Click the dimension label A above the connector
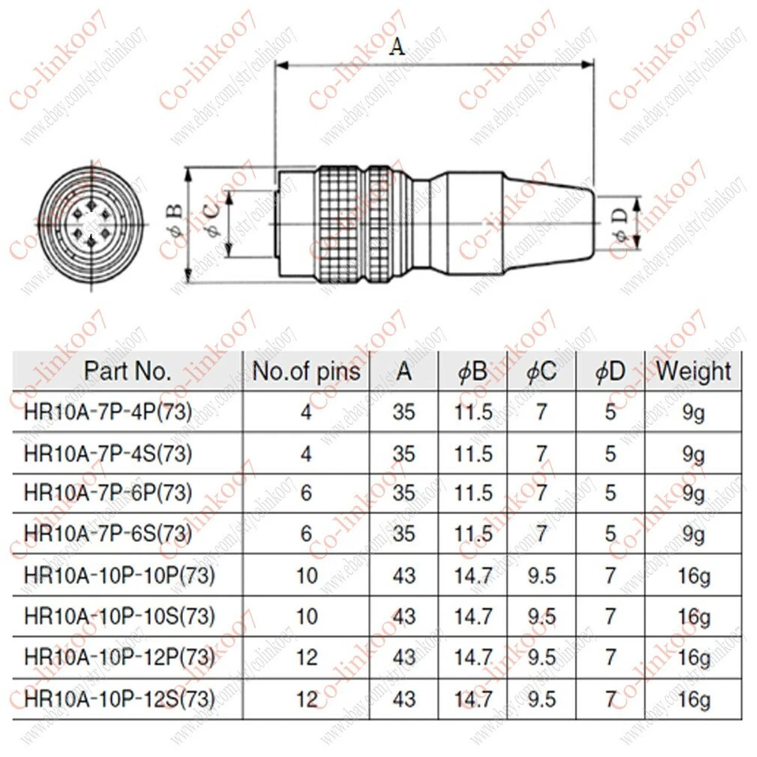click(x=397, y=47)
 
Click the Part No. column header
click(x=128, y=371)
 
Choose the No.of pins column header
click(x=306, y=371)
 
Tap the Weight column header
click(x=693, y=371)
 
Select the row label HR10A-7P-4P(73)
click(x=108, y=412)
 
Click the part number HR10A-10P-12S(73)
click(x=119, y=698)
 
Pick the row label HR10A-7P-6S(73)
click(x=108, y=535)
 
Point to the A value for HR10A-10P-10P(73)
click(x=404, y=576)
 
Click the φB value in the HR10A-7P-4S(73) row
click(x=473, y=453)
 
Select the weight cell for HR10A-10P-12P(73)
click(x=694, y=657)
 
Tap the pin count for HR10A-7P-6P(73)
click(x=306, y=494)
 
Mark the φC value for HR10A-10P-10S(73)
click(x=542, y=616)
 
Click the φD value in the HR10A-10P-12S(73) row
click(x=610, y=698)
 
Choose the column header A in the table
click(x=404, y=371)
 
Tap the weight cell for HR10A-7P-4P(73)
click(x=694, y=412)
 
